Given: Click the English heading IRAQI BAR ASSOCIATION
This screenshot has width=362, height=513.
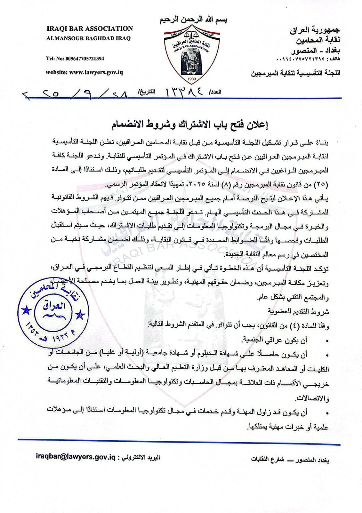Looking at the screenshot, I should point(89,29).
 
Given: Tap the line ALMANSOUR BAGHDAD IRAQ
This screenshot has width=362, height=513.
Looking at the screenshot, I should point(88,38).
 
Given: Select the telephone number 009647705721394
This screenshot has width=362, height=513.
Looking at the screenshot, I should point(75,59).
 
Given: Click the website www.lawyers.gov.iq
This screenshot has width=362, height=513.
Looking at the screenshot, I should point(84,72).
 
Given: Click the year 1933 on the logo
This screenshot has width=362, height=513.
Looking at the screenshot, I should point(192,79).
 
